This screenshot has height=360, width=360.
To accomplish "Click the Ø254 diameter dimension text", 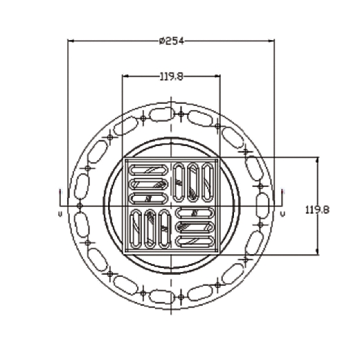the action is coord(172,41).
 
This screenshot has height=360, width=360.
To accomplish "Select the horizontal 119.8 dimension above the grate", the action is coord(172,76).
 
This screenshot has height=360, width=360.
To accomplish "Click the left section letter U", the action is coord(60,214).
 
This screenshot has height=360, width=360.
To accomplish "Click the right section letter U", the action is coord(282,214).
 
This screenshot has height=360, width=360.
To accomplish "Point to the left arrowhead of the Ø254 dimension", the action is coord(71,41).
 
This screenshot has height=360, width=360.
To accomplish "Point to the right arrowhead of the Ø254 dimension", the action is coord(271,41).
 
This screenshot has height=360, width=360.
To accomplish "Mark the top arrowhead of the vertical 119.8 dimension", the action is coord(318,161).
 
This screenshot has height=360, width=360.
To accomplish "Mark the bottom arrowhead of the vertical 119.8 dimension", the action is coord(318,252).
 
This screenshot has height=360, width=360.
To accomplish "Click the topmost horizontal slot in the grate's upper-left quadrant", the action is coord(149,170).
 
